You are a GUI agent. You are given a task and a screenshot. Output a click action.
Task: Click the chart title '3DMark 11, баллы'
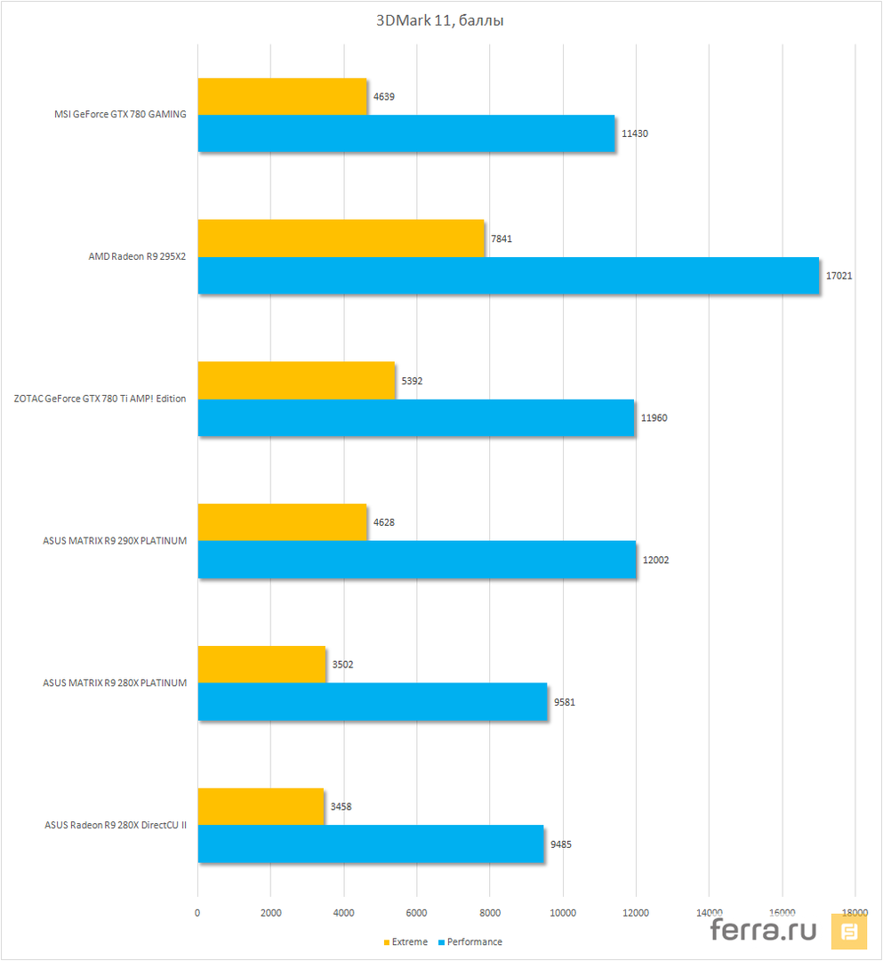pyautogui.click(x=441, y=20)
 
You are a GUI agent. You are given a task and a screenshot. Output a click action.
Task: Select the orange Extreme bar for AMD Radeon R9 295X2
pyautogui.click(x=341, y=238)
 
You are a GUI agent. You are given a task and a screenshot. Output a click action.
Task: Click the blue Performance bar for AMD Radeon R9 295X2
pyautogui.click(x=508, y=276)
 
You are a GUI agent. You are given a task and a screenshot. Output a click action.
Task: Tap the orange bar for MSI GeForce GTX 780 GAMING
pyautogui.click(x=282, y=96)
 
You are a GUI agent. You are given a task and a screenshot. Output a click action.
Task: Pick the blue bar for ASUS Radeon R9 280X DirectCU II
pyautogui.click(x=370, y=844)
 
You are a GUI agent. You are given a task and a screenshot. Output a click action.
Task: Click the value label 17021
pyautogui.click(x=839, y=276)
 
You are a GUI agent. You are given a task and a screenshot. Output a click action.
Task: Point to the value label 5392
pyautogui.click(x=412, y=381)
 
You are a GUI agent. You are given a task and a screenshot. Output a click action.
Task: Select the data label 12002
pyautogui.click(x=655, y=560)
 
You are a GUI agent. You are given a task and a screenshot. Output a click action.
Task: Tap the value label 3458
pyautogui.click(x=341, y=807)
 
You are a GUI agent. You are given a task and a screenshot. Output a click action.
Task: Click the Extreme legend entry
pyautogui.click(x=405, y=941)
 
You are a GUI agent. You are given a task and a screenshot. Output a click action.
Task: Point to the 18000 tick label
pyautogui.click(x=855, y=912)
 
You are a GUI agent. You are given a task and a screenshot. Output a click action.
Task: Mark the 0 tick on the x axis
pyautogui.click(x=198, y=912)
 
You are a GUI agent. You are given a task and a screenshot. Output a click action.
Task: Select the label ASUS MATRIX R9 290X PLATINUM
pyautogui.click(x=115, y=541)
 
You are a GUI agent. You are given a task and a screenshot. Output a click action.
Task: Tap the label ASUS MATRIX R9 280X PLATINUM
pyautogui.click(x=115, y=682)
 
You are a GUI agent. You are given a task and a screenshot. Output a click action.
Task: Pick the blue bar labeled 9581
pyautogui.click(x=373, y=701)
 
